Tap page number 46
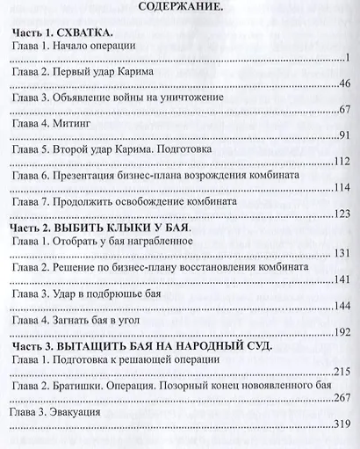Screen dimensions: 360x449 click(344, 83)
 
